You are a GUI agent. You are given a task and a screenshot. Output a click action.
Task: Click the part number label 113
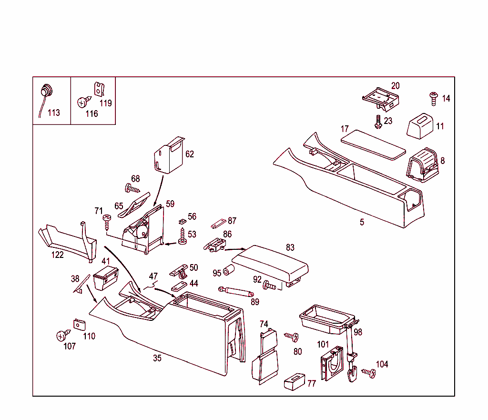[54, 113]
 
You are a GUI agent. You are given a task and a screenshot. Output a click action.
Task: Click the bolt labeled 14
[434, 98]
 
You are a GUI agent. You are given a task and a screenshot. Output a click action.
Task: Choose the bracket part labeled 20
[380, 99]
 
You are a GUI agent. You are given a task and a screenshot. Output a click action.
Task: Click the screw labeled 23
[378, 122]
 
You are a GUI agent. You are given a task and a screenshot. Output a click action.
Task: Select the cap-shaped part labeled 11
[420, 125]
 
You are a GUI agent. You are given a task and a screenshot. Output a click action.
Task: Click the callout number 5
[362, 222]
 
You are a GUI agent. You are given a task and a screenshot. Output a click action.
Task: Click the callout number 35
[157, 359]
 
